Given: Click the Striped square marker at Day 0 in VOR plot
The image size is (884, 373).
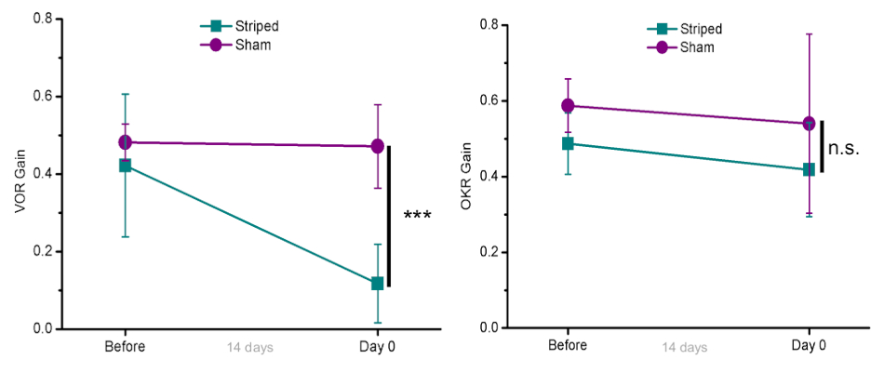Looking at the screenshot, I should point(378,283).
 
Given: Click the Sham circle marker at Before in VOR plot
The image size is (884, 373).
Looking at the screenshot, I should point(125,142).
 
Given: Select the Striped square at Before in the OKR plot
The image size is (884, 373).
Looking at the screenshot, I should point(568,143).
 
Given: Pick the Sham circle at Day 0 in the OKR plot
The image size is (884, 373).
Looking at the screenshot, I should point(810,123).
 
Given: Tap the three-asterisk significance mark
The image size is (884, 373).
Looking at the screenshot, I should point(416,217).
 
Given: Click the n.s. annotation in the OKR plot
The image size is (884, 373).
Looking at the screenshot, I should point(844,148).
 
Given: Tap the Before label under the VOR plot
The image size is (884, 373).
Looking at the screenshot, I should point(125,347).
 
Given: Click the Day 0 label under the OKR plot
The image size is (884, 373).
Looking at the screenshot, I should point(810,346).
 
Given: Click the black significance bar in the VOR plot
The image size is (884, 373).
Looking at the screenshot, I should point(389,216).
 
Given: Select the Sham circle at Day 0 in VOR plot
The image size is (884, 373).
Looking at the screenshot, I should point(378,146).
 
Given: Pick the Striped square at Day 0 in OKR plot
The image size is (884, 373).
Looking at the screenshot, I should point(810,169).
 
